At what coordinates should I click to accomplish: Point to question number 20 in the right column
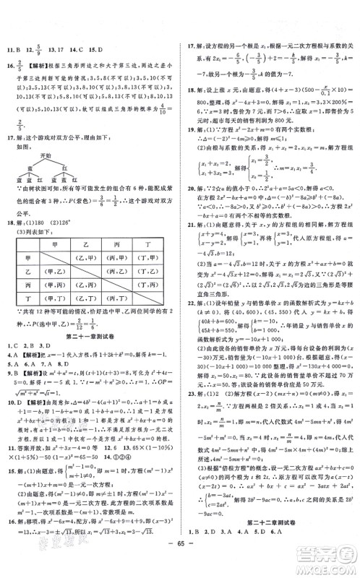tap(190, 184)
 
